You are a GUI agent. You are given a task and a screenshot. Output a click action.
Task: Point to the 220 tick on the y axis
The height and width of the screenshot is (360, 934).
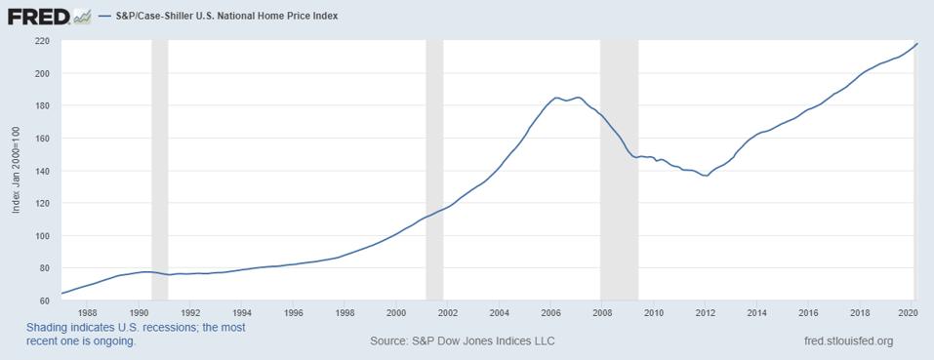click(x=42, y=41)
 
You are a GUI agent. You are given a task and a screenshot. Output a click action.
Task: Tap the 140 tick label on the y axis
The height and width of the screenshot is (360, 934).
click(x=42, y=171)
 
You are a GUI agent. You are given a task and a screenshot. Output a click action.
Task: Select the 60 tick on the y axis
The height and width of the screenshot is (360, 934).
click(x=45, y=300)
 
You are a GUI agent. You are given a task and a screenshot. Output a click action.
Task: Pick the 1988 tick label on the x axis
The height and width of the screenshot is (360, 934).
click(x=87, y=313)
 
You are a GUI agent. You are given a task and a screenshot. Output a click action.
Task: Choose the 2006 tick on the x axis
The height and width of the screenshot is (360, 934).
click(x=550, y=313)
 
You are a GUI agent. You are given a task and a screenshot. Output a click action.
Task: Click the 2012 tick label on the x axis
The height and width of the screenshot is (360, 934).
click(x=705, y=313)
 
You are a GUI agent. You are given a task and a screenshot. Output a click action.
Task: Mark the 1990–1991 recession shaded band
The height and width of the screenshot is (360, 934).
click(x=160, y=171)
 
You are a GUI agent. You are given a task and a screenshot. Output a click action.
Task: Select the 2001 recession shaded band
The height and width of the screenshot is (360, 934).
click(x=435, y=171)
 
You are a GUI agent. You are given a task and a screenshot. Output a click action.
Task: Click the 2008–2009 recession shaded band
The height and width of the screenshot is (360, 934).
click(x=619, y=171)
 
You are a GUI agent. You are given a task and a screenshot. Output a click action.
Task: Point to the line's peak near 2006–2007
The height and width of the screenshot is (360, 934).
click(x=556, y=98)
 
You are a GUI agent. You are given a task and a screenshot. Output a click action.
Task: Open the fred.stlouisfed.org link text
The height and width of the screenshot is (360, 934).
click(x=846, y=341)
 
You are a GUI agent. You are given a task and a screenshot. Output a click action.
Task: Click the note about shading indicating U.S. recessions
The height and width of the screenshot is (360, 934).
click(x=136, y=335)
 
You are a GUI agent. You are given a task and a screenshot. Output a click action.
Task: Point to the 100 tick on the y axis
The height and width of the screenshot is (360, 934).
click(x=42, y=235)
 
